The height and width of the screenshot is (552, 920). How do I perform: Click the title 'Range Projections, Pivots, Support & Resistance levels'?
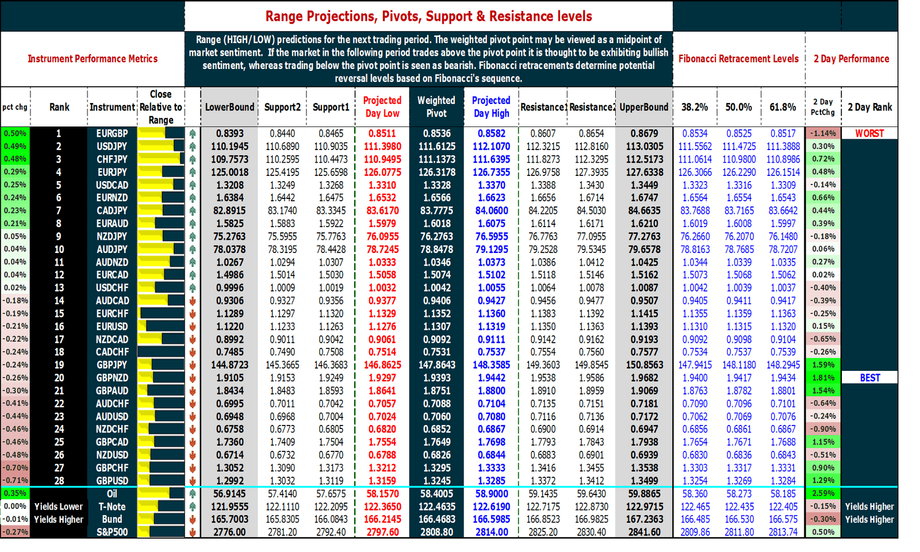[428, 16]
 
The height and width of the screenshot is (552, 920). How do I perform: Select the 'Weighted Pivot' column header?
[436, 107]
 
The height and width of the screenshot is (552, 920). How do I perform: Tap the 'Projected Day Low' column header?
[382, 107]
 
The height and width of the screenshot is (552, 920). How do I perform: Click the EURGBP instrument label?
[112, 133]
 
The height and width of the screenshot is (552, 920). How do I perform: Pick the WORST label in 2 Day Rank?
[869, 133]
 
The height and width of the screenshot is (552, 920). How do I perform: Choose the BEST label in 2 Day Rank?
[869, 378]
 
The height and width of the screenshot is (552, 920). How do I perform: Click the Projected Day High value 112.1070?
[491, 147]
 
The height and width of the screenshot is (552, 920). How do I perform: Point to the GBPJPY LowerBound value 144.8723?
[229, 365]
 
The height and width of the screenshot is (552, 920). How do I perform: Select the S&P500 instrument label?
[112, 532]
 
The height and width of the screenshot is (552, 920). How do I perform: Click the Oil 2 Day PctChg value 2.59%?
[823, 493]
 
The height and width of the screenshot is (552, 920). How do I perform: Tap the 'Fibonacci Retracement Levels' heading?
[738, 59]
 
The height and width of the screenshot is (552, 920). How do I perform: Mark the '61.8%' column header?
[783, 107]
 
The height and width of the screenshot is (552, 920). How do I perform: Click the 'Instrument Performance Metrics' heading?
[93, 59]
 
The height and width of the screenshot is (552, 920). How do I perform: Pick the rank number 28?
[59, 481]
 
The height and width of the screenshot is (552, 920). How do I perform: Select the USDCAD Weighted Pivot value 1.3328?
[436, 185]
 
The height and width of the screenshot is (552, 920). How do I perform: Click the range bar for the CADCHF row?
[160, 352]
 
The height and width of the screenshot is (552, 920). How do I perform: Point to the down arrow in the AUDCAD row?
[193, 301]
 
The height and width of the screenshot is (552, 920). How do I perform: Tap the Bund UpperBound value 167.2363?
[644, 519]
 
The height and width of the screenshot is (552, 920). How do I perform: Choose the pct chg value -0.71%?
[15, 481]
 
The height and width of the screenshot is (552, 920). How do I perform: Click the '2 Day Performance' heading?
[851, 59]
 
